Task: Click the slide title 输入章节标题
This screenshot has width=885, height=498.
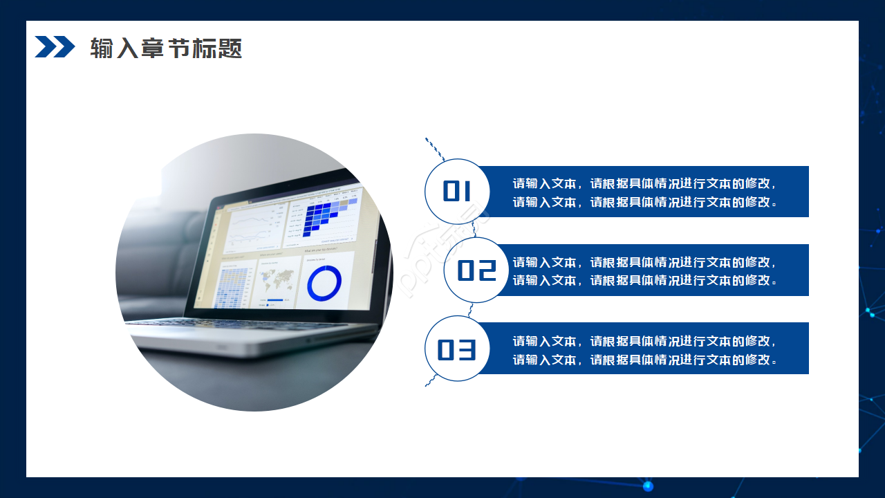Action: point(166,48)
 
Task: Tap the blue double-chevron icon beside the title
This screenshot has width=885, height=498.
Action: point(55,47)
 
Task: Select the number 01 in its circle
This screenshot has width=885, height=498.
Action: point(457,192)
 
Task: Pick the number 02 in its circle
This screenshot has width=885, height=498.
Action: point(477,270)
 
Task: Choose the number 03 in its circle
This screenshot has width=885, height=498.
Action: point(457,350)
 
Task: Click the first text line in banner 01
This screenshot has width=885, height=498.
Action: point(644,184)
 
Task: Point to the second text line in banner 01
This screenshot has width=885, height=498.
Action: point(644,202)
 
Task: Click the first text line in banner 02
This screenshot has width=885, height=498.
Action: point(644,262)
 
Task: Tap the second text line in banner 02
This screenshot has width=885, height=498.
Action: point(644,280)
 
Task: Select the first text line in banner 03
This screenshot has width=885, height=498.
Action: point(644,341)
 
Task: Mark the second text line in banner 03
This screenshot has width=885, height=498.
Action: point(644,360)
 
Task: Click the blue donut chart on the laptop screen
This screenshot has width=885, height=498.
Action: point(324,283)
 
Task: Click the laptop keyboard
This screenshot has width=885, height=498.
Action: point(228,323)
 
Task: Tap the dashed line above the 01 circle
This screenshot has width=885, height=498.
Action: point(434,148)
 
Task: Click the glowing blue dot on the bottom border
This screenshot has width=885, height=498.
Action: point(648,486)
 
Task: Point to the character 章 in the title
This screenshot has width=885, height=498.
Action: point(152,48)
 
